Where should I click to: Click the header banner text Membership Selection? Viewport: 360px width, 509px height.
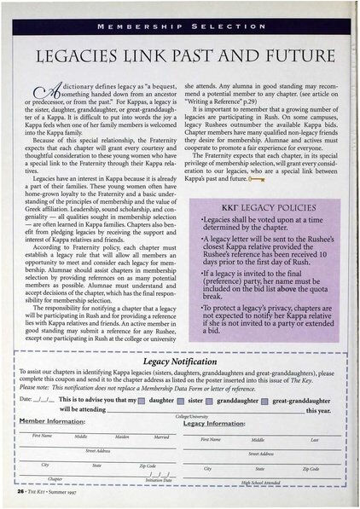coord(180,26)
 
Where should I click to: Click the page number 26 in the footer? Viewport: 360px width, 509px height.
coord(20,494)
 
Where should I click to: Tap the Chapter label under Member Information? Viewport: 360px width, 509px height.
coord(55,479)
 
